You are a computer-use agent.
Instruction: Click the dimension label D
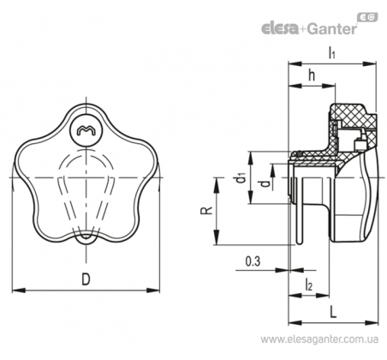click(86, 279)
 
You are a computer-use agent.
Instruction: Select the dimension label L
click(333, 311)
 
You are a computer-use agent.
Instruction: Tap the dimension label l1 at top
click(331, 53)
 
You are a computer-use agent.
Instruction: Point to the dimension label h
click(312, 75)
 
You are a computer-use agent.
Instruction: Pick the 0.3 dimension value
click(253, 261)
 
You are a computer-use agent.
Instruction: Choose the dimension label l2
click(309, 285)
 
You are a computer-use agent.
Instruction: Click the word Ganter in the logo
click(331, 29)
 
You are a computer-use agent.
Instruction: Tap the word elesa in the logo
click(280, 29)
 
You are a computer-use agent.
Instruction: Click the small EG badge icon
click(367, 17)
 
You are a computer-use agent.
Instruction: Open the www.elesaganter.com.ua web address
click(319, 339)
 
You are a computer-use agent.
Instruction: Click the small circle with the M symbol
click(86, 131)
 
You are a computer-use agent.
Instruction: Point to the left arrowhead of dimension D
click(18, 291)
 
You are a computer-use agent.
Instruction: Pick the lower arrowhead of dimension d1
click(250, 198)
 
